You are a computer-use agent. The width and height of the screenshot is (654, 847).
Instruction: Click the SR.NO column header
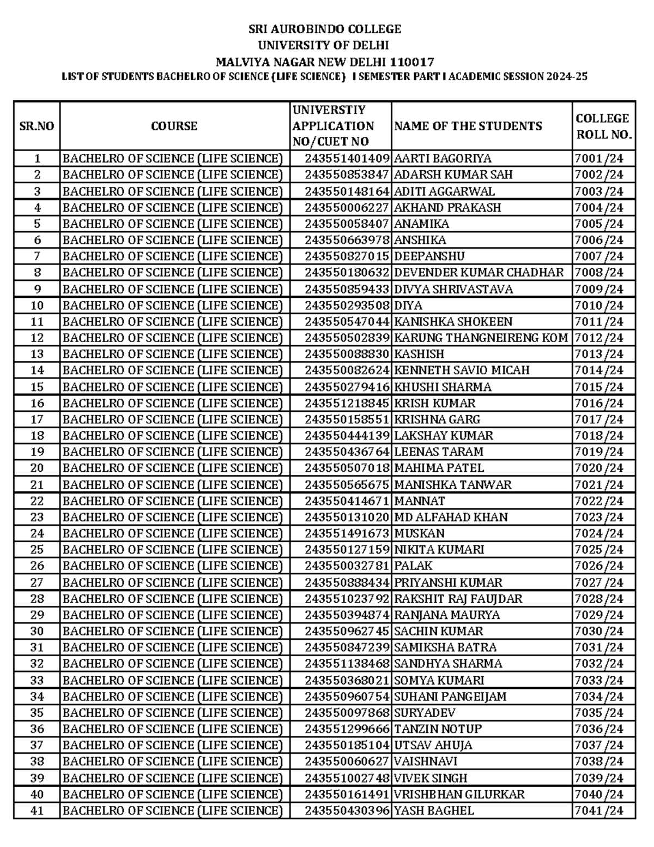[37, 126]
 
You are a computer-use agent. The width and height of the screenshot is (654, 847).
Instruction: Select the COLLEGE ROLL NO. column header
[603, 127]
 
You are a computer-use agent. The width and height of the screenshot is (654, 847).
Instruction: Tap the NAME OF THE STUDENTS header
[468, 126]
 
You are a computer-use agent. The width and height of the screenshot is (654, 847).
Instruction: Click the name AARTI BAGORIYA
[442, 159]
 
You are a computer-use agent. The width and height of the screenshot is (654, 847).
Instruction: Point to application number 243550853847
[347, 175]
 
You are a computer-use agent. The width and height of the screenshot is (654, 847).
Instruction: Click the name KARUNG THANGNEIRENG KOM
[481, 338]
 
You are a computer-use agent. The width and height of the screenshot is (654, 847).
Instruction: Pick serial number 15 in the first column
[37, 387]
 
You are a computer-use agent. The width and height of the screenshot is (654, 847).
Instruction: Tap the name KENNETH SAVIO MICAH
[461, 370]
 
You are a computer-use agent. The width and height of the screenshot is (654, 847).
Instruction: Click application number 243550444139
[347, 436]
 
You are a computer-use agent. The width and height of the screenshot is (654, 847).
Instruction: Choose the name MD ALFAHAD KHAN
[451, 517]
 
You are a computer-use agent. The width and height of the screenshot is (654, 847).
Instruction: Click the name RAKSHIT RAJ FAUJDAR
[458, 599]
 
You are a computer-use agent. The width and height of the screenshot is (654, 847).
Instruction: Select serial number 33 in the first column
[37, 680]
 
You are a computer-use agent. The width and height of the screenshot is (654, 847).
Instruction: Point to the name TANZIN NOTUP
[438, 729]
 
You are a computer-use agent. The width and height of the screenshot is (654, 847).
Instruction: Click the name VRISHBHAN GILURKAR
[459, 795]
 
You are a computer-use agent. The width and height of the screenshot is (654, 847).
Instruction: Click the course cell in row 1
[173, 159]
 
